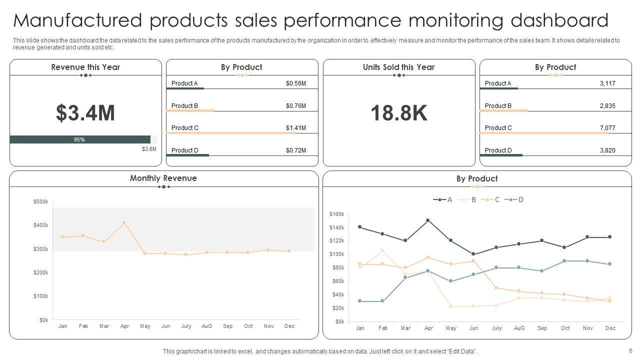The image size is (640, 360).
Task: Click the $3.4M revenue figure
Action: tap(85, 113)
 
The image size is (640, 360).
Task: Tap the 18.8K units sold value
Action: tap(399, 113)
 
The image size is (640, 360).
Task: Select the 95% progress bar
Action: tap(80, 139)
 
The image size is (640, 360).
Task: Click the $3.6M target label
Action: tap(149, 149)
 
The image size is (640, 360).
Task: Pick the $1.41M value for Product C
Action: tap(295, 128)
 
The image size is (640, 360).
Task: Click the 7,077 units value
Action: tap(607, 128)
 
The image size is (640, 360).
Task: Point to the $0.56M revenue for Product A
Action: tap(295, 83)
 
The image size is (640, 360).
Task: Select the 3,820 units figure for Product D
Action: tap(607, 150)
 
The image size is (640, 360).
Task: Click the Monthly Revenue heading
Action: tap(163, 178)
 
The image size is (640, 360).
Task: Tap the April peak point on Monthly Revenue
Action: tap(124, 222)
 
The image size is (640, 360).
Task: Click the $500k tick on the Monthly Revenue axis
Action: tap(40, 201)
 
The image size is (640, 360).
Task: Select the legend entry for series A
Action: tap(443, 199)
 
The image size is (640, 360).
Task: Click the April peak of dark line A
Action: tap(428, 220)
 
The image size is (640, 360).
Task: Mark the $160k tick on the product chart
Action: tap(337, 214)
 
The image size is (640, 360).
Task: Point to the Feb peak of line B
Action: tap(382, 250)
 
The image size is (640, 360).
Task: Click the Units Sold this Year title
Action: tap(398, 67)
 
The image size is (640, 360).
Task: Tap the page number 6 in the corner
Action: tap(630, 351)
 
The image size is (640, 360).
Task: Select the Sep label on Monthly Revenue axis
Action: tap(227, 326)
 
